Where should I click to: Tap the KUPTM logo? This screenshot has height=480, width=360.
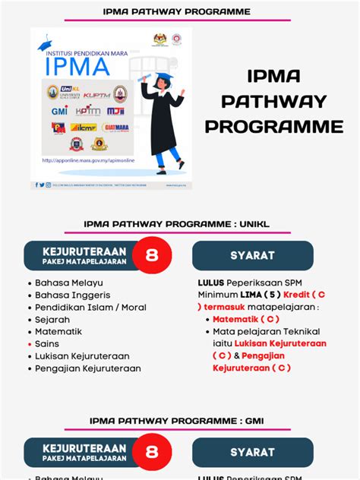click(x=96, y=94)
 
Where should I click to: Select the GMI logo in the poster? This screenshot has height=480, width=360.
click(x=59, y=111)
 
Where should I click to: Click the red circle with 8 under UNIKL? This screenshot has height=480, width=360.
click(x=152, y=256)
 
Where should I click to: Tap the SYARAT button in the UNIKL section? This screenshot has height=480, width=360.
click(x=252, y=256)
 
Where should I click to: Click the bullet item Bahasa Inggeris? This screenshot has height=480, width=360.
click(x=73, y=295)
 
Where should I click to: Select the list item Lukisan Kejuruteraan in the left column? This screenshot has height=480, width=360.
click(x=82, y=356)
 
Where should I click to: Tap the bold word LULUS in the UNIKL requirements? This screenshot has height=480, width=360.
click(x=210, y=283)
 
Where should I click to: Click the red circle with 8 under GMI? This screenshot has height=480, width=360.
click(x=152, y=453)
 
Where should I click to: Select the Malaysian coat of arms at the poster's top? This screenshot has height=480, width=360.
click(x=156, y=37)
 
